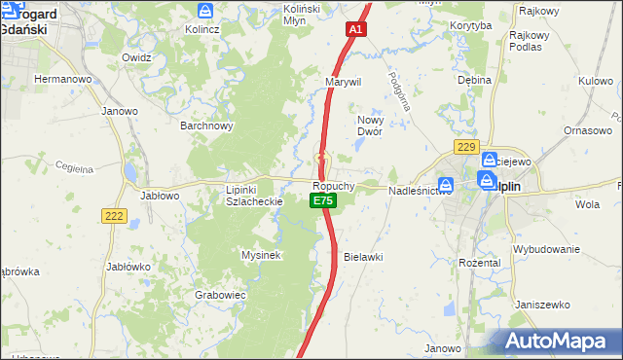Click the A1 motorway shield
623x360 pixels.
[356, 30]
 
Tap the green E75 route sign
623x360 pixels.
[323, 200]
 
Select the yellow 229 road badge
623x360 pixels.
[466, 147]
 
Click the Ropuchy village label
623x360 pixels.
[333, 185]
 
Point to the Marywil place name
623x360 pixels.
[344, 82]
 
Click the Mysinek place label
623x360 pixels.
[261, 255]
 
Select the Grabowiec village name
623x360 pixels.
[220, 294]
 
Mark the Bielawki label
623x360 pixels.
[363, 257]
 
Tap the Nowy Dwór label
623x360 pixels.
[369, 125]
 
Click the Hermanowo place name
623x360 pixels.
[62, 78]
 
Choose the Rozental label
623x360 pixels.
[479, 263]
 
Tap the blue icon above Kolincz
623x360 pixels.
[205, 11]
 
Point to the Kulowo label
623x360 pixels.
[595, 81]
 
